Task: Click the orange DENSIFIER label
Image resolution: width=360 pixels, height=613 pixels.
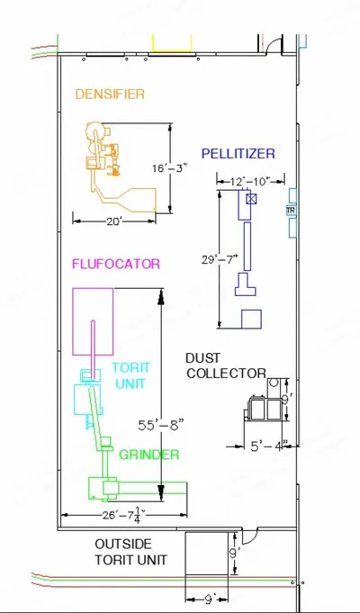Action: coord(110,95)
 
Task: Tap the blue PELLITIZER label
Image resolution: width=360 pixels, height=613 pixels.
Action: coord(238,154)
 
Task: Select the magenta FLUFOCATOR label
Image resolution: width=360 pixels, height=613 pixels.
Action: coord(116,264)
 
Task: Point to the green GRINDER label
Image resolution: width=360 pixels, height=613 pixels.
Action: coord(148,455)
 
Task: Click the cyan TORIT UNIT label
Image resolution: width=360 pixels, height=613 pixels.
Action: coord(130,375)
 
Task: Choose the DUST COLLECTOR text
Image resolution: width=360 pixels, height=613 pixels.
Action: coord(226,365)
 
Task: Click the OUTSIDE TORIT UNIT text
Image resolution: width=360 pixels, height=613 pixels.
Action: coord(130,552)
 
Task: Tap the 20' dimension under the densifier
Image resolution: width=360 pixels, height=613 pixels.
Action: coord(114,221)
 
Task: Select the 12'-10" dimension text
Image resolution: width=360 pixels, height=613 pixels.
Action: coord(250,182)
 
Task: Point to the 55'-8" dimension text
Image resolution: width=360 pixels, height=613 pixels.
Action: coord(161,425)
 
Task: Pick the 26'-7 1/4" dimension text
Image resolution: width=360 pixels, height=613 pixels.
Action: coord(124,515)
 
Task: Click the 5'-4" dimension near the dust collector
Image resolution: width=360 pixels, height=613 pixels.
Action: coord(269,446)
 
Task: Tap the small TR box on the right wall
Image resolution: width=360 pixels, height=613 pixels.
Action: coord(291,211)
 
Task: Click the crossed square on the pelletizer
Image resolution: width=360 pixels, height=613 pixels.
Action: coord(251,199)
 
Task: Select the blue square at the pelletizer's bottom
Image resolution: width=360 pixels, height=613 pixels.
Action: coord(251,319)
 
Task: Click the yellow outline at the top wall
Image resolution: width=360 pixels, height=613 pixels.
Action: coord(172,43)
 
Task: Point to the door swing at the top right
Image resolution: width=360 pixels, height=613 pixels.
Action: coord(274,44)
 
